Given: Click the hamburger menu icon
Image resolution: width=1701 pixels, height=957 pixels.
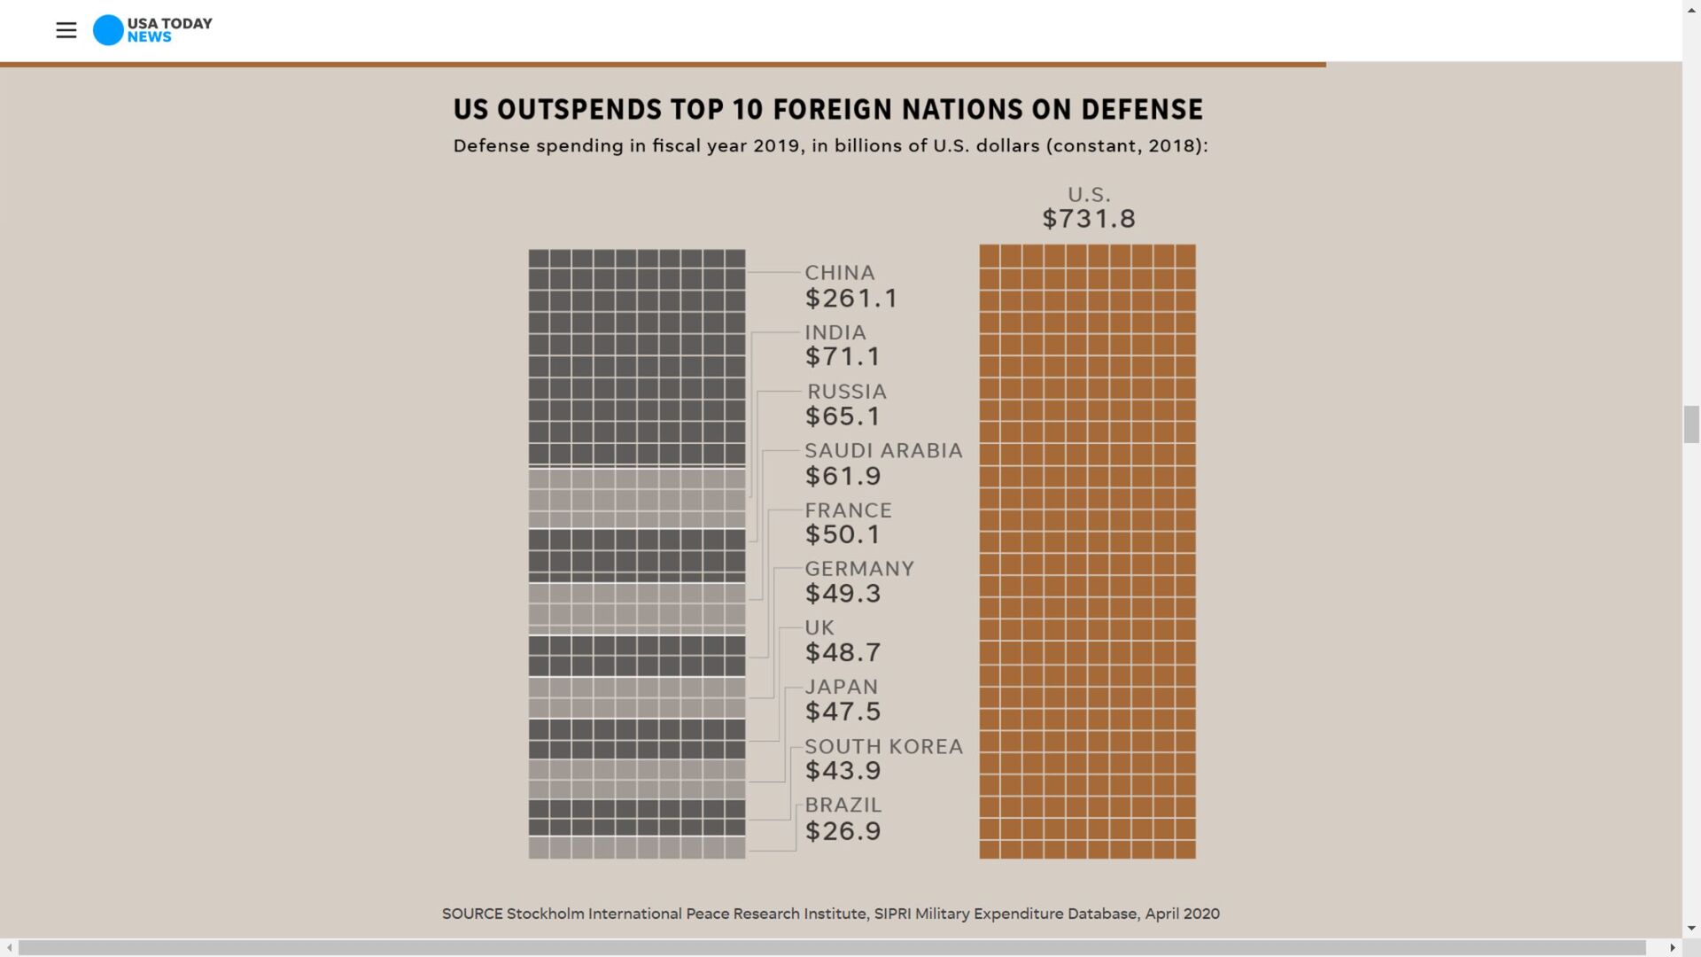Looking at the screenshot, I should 66,30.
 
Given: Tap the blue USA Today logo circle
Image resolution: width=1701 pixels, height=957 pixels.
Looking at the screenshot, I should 108,30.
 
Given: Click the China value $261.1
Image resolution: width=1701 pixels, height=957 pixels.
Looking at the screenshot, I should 851,299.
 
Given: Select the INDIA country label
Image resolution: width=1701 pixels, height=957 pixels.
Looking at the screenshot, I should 835,332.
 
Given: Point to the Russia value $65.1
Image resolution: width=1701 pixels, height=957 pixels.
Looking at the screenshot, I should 843,416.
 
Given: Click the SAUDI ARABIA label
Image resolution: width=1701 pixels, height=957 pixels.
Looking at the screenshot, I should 883,451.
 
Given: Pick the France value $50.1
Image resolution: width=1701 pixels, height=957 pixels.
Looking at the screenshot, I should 843,534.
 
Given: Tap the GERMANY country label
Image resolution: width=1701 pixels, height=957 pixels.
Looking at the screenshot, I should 859,569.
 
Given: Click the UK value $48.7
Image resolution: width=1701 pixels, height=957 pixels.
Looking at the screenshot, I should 843,653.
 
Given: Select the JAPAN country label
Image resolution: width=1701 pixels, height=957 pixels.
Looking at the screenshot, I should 842,687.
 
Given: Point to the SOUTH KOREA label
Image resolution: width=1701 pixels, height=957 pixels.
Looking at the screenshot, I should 883,747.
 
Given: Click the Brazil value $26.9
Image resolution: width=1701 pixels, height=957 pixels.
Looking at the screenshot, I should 843,831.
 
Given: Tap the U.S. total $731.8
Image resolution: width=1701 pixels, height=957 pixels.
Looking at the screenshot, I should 1089,219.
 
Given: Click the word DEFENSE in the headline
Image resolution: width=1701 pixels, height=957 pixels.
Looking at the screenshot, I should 1142,110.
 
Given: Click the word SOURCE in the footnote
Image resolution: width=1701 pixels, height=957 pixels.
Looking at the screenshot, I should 472,914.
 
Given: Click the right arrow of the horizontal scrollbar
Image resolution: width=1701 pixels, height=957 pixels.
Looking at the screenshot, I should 1672,947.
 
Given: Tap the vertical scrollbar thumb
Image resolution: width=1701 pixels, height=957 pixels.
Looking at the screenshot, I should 1691,424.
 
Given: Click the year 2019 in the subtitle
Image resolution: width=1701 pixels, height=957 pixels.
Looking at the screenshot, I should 777,146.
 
